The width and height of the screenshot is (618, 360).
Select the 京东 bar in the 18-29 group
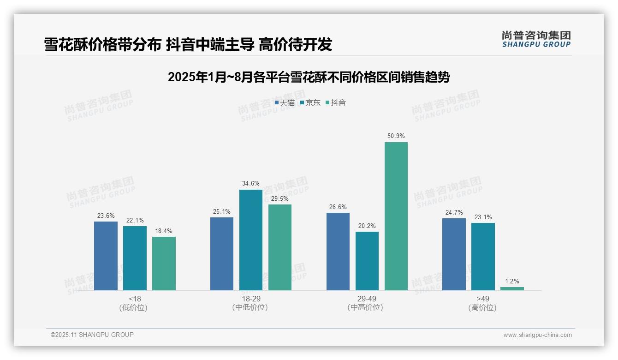251,240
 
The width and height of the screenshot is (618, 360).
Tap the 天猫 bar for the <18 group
106,256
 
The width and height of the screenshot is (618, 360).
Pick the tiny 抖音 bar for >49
512,288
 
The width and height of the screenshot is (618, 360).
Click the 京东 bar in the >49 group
483,257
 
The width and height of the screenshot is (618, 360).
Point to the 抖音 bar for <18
164,264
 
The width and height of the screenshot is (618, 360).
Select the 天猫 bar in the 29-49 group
338,252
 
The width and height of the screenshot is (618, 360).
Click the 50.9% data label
396,136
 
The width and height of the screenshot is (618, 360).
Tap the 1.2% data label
512,281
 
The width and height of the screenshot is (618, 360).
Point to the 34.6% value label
251,184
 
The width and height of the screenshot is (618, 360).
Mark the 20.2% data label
367,226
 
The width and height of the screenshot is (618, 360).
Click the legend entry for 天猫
285,103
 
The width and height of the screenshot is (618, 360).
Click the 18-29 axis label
251,299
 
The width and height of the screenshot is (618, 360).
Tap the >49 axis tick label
483,299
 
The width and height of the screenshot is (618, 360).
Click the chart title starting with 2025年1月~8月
309,77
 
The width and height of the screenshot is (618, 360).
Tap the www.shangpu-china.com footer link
537,335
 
